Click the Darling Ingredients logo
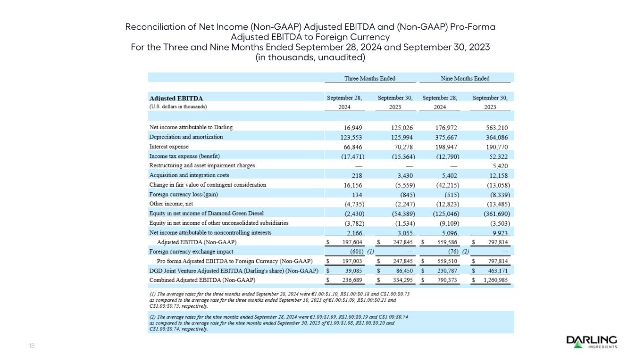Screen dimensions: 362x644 point(592,342)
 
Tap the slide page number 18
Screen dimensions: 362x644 point(32,346)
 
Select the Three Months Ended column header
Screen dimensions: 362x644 point(370,78)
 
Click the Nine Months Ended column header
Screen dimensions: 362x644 point(465,78)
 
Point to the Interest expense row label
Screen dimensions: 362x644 point(169,147)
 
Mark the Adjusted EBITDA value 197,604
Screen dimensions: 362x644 point(349,242)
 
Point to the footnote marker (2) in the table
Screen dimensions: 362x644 point(465,252)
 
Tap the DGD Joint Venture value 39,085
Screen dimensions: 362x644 point(351,271)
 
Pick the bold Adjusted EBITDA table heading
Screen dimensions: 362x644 point(176,99)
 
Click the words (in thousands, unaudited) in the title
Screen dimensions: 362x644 point(310,58)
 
